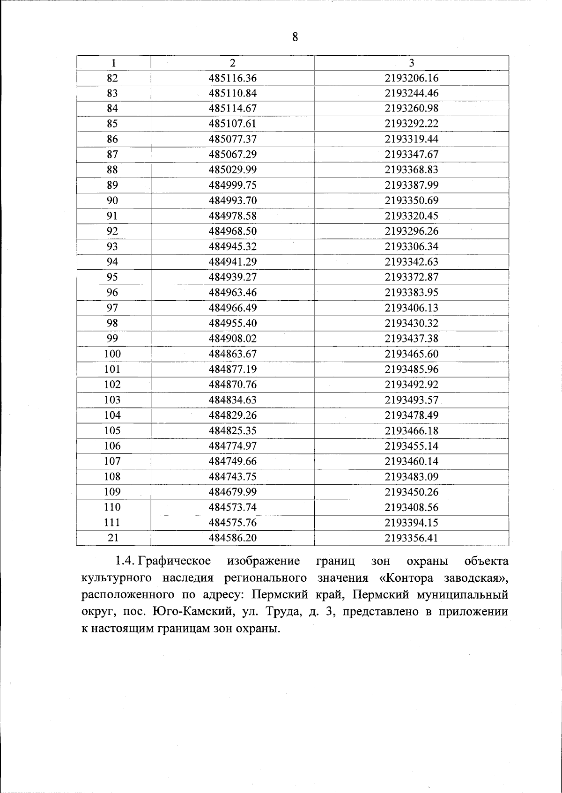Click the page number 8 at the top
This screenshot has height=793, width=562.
295,37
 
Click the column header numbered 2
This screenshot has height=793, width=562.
233,63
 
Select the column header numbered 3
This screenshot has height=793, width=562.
411,63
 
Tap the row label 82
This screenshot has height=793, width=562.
112,78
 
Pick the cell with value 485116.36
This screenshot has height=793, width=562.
233,78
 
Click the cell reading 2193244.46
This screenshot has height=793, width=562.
412,93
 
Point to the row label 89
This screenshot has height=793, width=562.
112,185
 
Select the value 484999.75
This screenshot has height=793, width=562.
233,185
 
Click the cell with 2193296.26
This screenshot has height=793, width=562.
412,231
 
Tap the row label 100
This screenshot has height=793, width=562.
112,354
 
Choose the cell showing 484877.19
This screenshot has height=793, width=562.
233,369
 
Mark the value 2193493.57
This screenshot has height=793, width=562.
412,400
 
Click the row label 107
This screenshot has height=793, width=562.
112,461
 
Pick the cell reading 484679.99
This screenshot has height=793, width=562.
233,492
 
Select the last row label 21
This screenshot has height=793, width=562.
113,538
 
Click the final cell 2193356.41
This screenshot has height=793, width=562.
412,538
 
